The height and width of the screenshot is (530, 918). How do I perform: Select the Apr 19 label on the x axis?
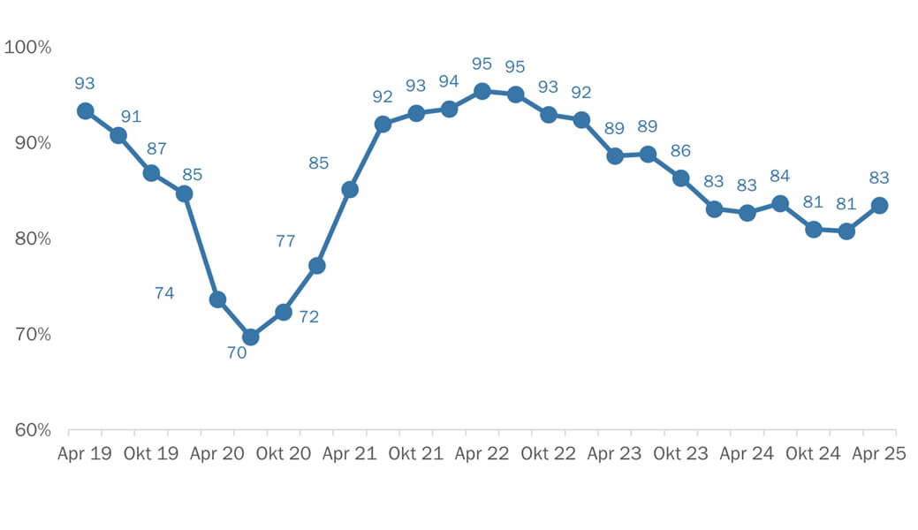tap(85, 454)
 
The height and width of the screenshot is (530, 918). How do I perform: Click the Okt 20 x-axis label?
tap(284, 454)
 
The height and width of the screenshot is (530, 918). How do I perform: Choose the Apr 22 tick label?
tap(482, 454)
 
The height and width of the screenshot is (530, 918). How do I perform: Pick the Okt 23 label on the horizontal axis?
tap(681, 454)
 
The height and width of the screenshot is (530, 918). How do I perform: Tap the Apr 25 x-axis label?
tap(879, 454)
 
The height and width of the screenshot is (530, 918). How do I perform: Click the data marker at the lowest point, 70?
tap(251, 337)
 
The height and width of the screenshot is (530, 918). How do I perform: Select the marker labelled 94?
tap(449, 109)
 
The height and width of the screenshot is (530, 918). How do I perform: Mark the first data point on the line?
tap(85, 110)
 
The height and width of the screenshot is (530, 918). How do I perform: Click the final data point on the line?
tap(879, 205)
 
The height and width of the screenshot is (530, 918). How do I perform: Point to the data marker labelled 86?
tap(681, 178)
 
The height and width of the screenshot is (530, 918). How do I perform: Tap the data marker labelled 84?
tap(780, 203)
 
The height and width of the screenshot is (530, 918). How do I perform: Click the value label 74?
tap(164, 293)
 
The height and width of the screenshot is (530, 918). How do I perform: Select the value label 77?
tap(285, 240)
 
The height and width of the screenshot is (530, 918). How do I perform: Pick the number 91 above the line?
tap(131, 117)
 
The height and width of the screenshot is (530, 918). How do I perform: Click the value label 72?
tap(308, 316)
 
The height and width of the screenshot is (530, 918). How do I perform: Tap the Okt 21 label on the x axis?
tap(416, 454)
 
